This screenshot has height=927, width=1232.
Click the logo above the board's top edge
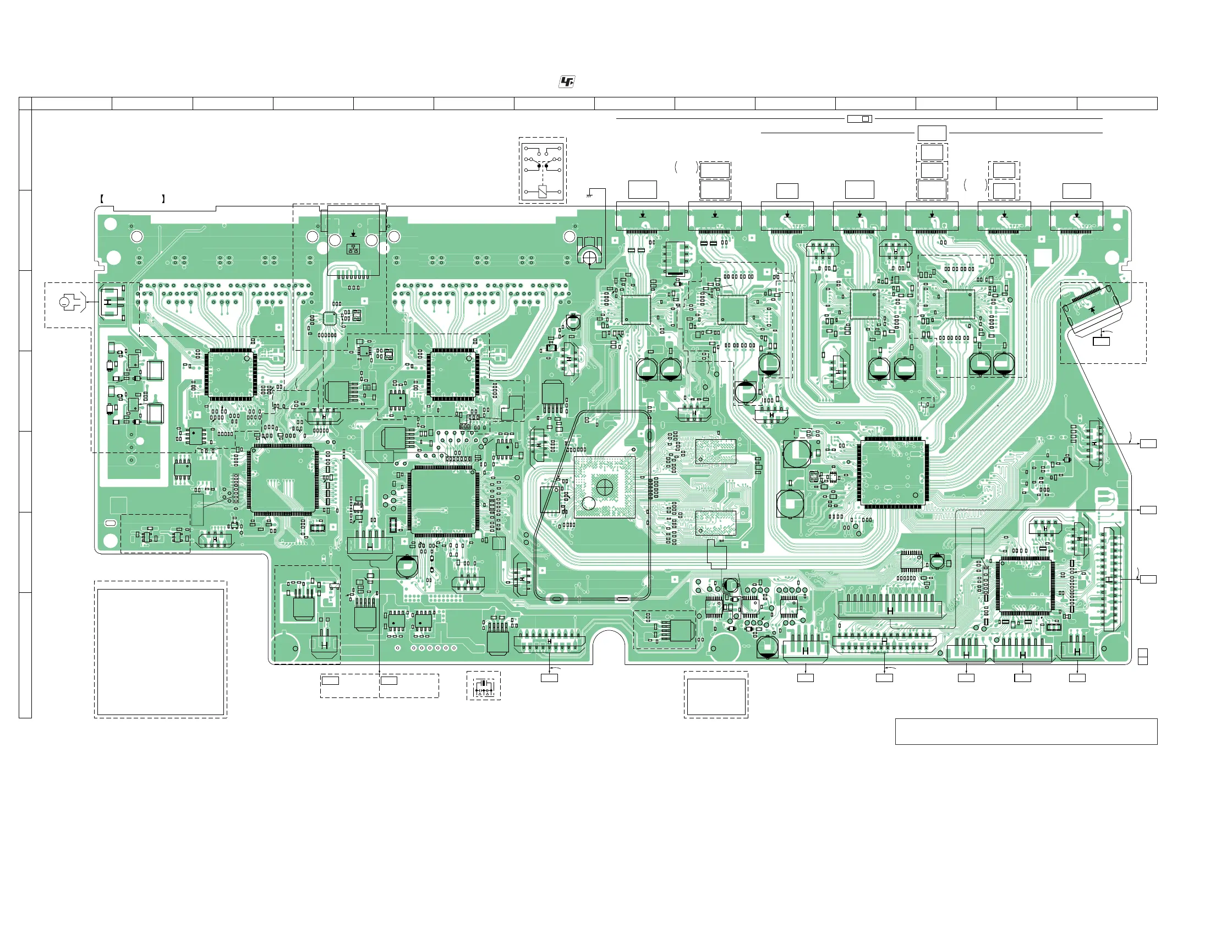coord(566,83)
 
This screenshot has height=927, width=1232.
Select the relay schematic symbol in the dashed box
coord(542,170)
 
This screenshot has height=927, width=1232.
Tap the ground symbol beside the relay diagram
coord(589,194)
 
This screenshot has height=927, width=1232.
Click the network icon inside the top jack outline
coord(353,248)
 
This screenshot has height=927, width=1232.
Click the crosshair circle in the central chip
coord(604,488)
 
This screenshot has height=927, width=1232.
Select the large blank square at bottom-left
coord(161,652)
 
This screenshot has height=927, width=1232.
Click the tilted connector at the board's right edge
coord(1093,309)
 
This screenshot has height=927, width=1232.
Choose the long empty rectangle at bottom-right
coord(1026,731)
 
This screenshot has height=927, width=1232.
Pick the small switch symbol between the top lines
coord(859,119)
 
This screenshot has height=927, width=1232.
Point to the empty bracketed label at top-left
coord(133,198)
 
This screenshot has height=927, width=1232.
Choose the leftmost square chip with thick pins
coord(231,374)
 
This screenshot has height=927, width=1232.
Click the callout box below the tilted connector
coord(1100,341)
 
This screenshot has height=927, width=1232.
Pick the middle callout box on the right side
coord(1148,510)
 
